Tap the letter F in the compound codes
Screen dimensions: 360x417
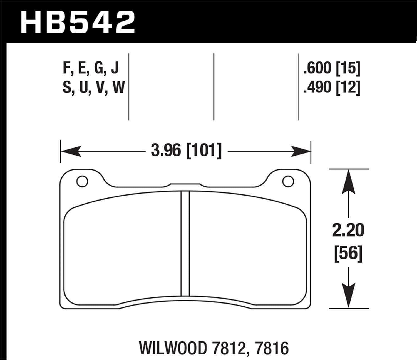[x=66, y=68]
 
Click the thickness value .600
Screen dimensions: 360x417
[x=317, y=68]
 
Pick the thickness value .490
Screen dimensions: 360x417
[x=317, y=87]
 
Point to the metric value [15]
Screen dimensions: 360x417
[x=348, y=68]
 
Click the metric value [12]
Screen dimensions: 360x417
[x=348, y=87]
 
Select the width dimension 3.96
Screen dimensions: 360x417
[x=166, y=151]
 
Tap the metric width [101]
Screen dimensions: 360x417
[x=204, y=151]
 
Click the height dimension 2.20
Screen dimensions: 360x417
[x=348, y=230]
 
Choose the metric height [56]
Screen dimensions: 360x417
[x=348, y=253]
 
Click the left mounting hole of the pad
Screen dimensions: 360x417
[x=82, y=182]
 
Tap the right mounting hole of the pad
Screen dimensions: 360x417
[x=288, y=182]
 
